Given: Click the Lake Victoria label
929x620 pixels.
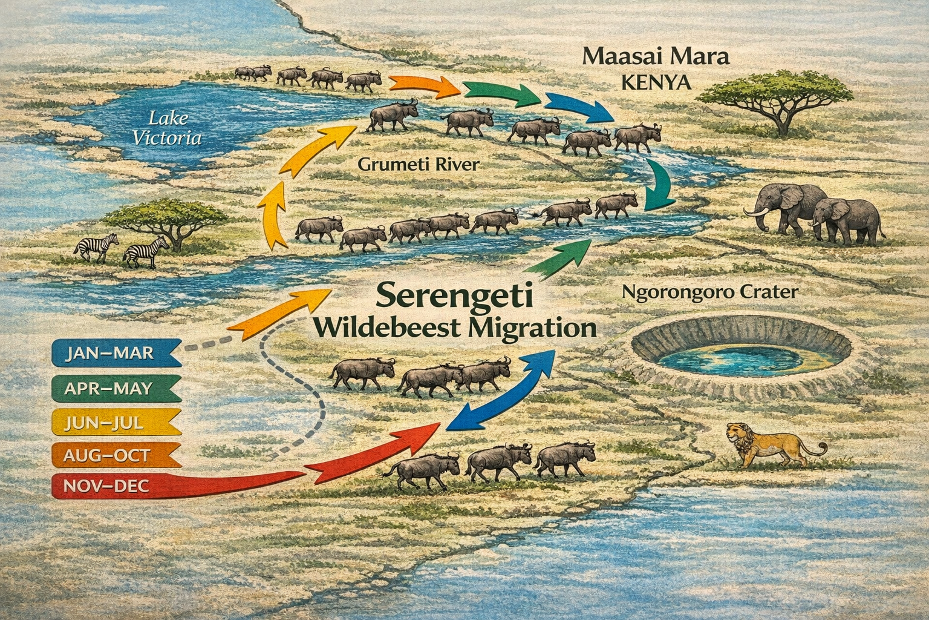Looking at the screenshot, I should [x=167, y=128].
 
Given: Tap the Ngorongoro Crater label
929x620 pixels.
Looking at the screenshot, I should [x=710, y=292].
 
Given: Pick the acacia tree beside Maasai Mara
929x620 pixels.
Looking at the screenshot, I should [x=781, y=100].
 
